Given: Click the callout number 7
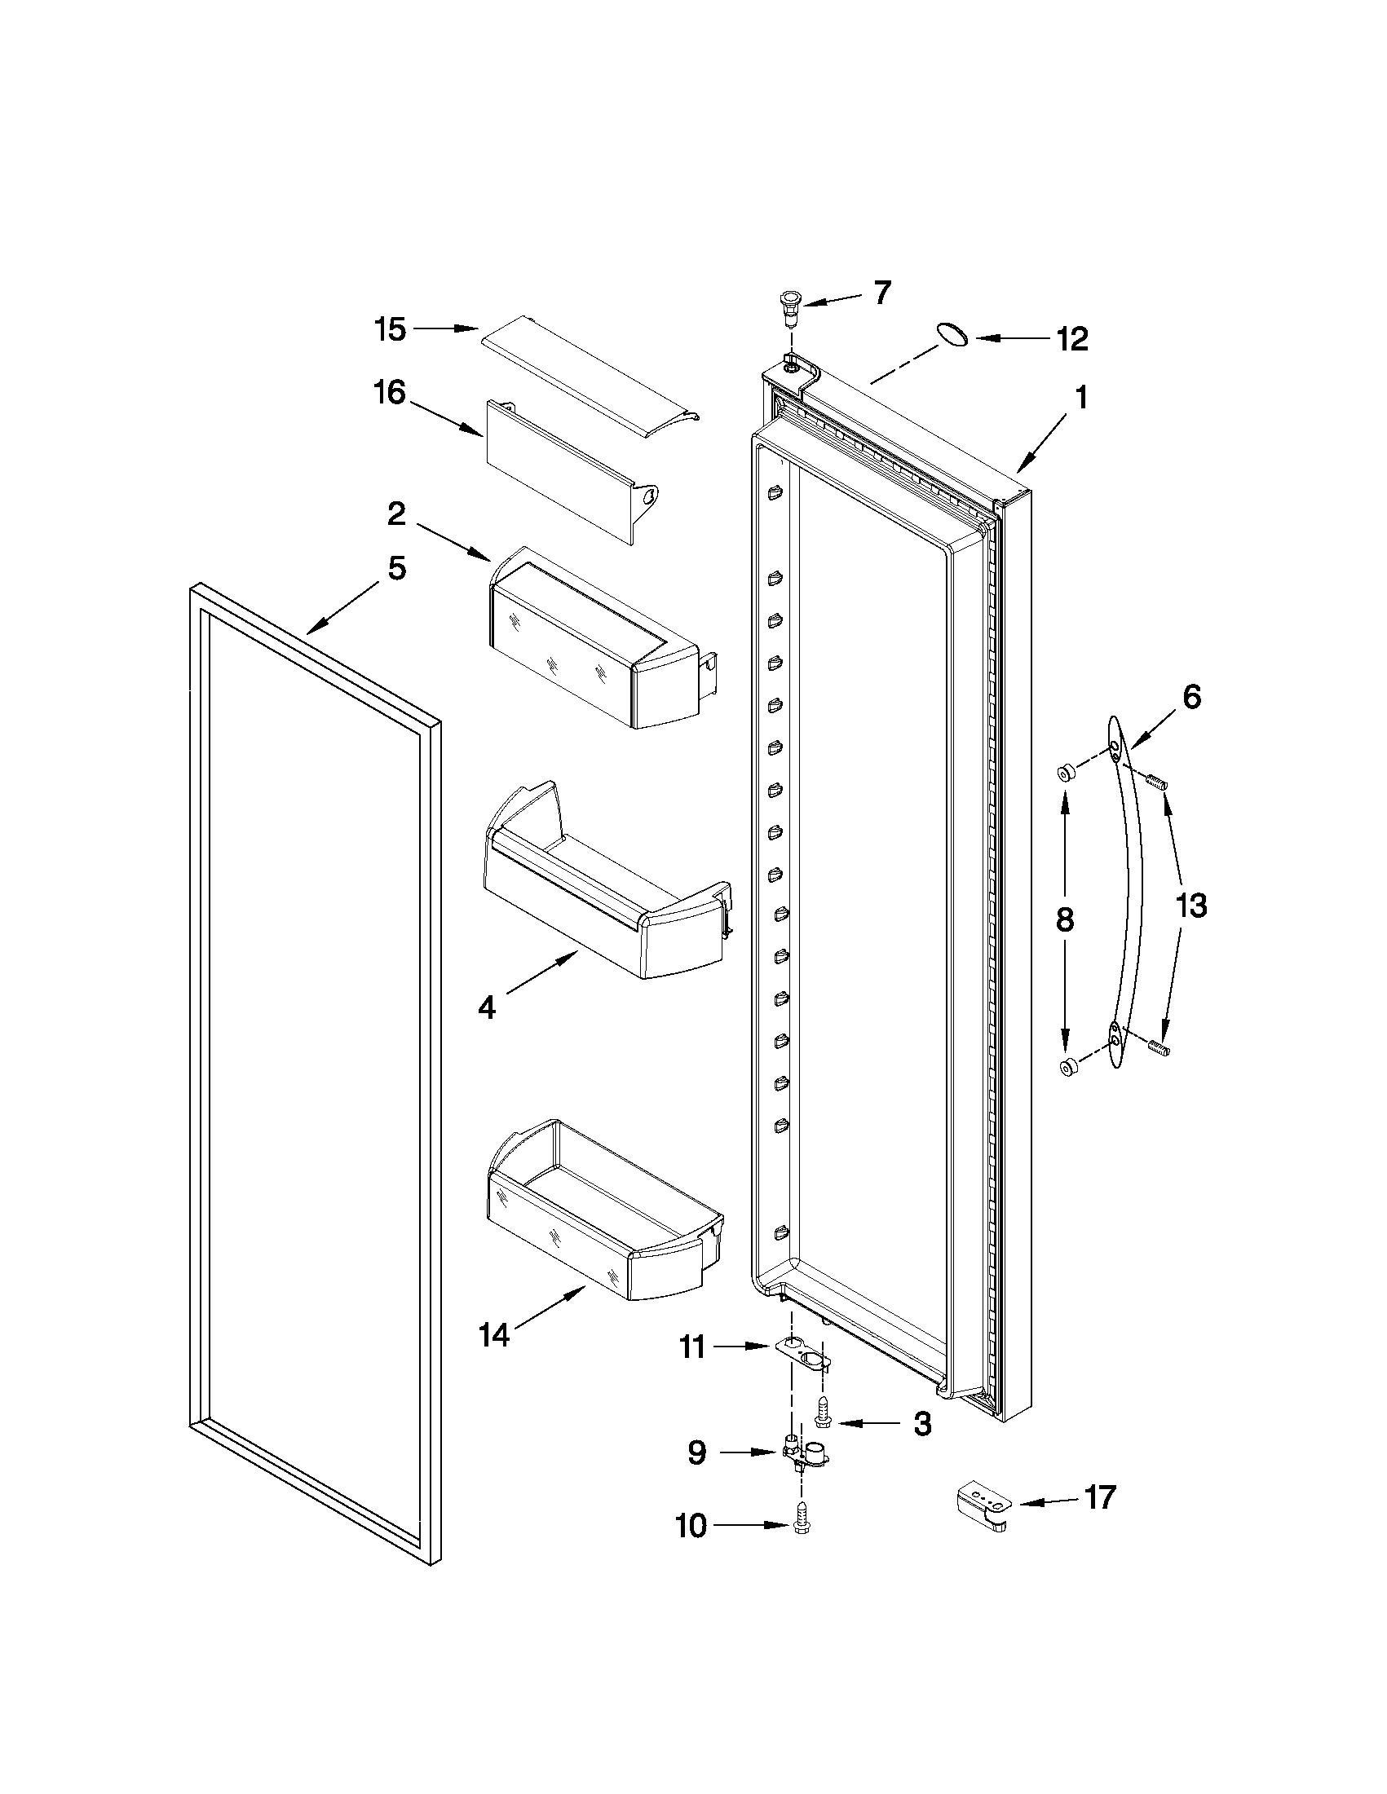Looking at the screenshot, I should pos(881,293).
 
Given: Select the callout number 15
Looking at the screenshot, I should pos(391,329).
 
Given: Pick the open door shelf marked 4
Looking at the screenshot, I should pos(608,895).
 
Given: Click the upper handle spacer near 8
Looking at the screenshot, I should pos(1065,771).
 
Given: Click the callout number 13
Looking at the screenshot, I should pos(1191,906).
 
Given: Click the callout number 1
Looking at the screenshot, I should pos(1081,399).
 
